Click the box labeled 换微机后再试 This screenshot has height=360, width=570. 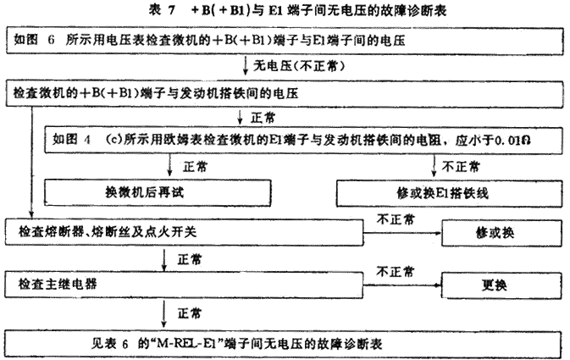158,193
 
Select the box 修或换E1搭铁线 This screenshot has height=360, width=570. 450,193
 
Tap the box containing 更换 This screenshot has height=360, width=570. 501,285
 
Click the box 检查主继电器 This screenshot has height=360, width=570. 184,285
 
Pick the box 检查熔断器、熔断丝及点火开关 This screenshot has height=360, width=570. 185,232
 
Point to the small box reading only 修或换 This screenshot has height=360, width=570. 501,233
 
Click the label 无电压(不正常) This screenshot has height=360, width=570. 299,66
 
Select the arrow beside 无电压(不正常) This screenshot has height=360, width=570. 246,66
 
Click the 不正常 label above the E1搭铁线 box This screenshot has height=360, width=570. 461,167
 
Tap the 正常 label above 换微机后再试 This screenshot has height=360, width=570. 195,167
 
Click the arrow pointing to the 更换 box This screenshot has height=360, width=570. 402,285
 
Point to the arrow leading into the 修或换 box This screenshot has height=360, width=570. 402,233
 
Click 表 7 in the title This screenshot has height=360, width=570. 162,10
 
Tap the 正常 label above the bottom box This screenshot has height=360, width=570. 190,313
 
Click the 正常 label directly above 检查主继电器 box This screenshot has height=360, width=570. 190,260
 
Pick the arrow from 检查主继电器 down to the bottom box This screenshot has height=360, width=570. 164,314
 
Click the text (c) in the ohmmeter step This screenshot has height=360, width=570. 113,140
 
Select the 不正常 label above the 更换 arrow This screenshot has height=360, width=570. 396,272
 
